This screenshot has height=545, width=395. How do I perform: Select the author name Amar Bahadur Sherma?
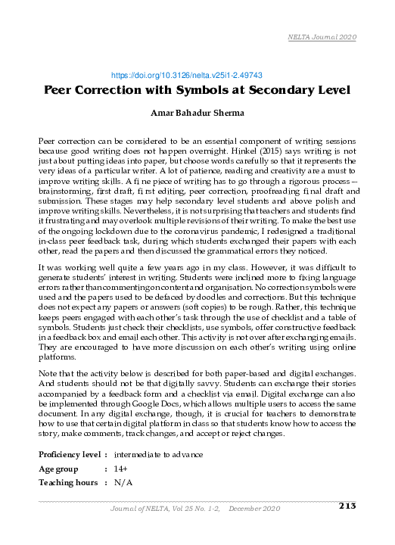point(197,115)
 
